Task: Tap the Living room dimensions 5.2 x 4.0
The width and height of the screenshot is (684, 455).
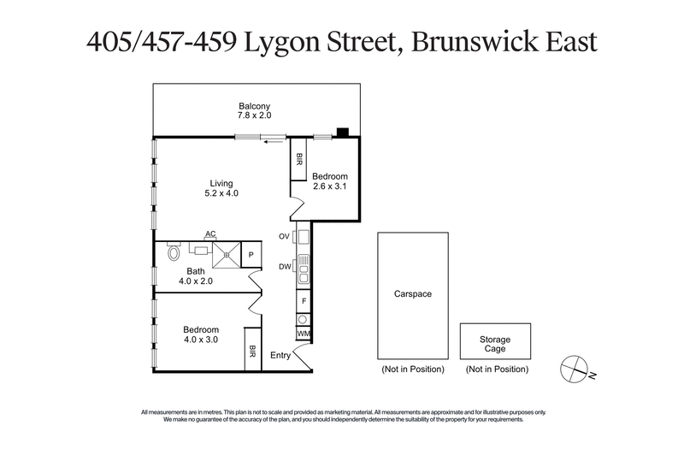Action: pyautogui.click(x=221, y=193)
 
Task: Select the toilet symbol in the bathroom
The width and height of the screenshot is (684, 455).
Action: pyautogui.click(x=174, y=252)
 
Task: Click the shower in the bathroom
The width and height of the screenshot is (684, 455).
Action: pyautogui.click(x=227, y=252)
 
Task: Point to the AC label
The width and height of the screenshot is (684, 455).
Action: pyautogui.click(x=209, y=233)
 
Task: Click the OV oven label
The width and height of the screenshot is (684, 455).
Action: pyautogui.click(x=284, y=235)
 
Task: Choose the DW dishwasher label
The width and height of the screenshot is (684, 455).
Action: pyautogui.click(x=284, y=266)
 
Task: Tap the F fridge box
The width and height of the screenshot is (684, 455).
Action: pyautogui.click(x=303, y=301)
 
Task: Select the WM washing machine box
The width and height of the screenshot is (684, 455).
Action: pyautogui.click(x=303, y=334)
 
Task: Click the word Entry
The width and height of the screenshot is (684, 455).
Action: pyautogui.click(x=280, y=355)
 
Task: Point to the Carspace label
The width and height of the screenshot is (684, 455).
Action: pyautogui.click(x=412, y=294)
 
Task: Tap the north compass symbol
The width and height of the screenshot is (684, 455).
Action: pyautogui.click(x=572, y=369)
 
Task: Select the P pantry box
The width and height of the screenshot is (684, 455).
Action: pyautogui.click(x=252, y=254)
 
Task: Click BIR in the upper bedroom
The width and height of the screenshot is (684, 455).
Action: pyautogui.click(x=299, y=159)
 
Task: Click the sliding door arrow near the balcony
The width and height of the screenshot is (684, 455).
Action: pyautogui.click(x=273, y=142)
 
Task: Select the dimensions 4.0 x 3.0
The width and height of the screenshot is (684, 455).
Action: pyautogui.click(x=201, y=340)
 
